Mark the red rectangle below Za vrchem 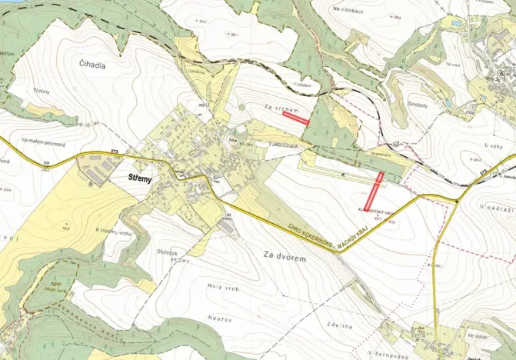[295, 118]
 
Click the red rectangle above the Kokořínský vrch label [378, 189]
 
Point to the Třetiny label [41, 90]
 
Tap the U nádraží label [492, 208]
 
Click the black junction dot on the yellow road [457, 202]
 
